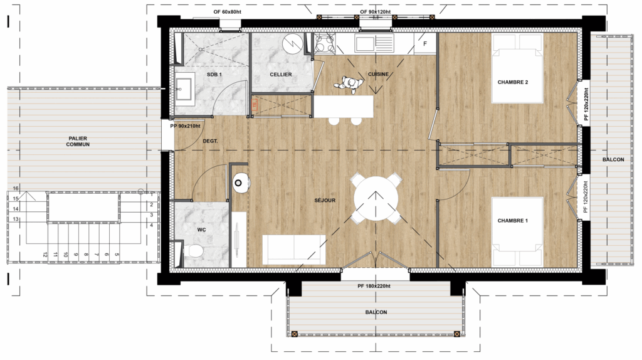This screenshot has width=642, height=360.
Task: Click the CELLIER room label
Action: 281,75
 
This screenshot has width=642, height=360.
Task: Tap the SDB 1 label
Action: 214,75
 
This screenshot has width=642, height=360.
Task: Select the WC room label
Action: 201,230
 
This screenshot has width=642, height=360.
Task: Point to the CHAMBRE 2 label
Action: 513,82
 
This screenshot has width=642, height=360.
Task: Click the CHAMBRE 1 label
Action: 513,221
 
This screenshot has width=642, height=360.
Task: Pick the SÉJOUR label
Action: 325,200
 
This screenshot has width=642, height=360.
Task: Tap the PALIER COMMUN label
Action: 78,141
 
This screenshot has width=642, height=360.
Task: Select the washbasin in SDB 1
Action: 185,89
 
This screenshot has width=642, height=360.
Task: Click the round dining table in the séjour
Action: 376,198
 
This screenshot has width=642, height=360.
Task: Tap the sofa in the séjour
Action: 294,250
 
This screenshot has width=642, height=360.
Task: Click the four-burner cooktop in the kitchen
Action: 324,43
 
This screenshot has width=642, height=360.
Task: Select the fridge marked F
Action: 424,43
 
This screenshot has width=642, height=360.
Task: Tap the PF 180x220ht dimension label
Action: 374,286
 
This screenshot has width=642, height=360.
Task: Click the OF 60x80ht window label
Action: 227,12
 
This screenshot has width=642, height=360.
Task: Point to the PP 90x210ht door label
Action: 185,126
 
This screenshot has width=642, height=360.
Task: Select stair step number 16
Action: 16,188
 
